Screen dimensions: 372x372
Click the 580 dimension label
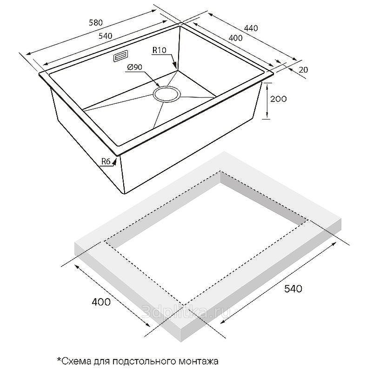96,22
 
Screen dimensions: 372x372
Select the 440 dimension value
251,28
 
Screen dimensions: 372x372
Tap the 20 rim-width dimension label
303,70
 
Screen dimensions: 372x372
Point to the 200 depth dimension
279,99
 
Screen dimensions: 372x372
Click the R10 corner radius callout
159,50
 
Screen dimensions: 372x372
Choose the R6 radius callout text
106,161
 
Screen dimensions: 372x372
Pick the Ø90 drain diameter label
134,67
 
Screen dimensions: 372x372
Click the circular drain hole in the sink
167,94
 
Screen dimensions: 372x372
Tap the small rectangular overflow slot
121,56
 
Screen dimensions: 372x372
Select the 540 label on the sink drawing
105,36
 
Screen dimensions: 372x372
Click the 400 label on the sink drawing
236,38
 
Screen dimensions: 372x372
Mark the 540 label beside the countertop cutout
293,289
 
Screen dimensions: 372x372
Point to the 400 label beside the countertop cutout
101,302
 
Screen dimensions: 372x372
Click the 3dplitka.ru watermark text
186,312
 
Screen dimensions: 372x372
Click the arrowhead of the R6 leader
114,161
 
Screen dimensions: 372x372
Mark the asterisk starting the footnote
59,359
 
